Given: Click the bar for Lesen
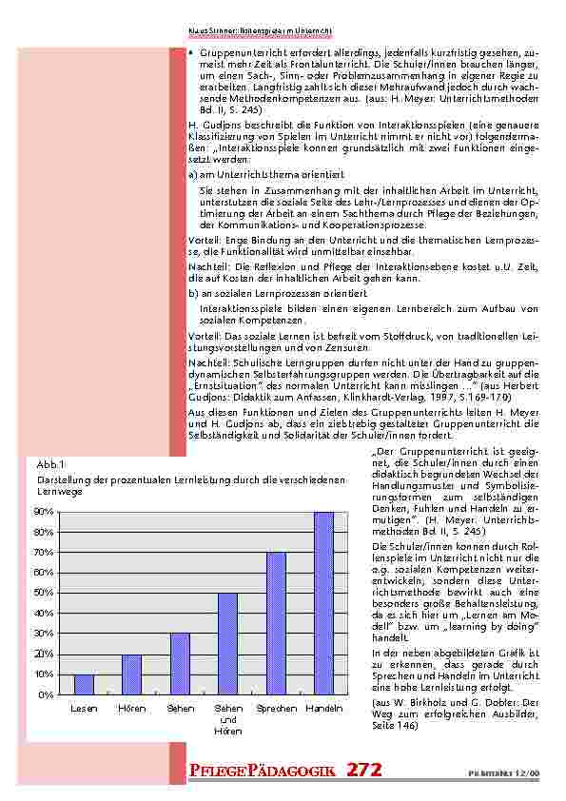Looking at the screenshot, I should [x=84, y=684].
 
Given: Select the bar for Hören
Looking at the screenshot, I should [x=131, y=674].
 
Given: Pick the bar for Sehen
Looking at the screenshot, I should [x=180, y=664].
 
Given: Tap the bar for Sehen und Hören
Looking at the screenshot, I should [x=227, y=644].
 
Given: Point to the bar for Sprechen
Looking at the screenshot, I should [x=276, y=623].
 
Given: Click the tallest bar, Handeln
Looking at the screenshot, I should [x=323, y=603].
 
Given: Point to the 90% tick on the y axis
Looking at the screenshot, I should [x=44, y=512].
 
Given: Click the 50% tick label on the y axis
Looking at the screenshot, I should [x=44, y=594].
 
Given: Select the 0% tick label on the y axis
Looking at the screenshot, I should [x=47, y=695].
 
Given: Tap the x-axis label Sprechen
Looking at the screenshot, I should [x=276, y=710].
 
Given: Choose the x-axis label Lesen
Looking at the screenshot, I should [x=84, y=710].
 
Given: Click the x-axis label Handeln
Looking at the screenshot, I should [x=324, y=710].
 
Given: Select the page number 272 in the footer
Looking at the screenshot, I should [x=364, y=771].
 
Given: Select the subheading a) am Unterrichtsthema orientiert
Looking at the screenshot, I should [x=247, y=175].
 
